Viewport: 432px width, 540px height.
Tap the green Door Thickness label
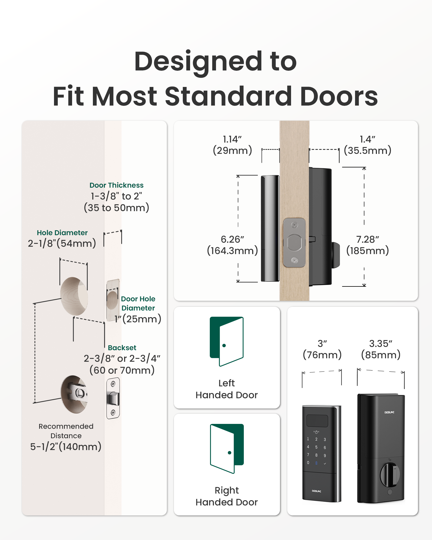tap(116, 185)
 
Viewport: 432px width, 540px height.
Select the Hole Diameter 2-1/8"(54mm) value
tap(62, 243)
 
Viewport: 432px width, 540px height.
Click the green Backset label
tap(122, 348)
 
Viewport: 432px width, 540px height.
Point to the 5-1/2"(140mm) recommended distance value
tap(66, 447)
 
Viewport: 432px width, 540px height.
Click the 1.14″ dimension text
tap(232, 139)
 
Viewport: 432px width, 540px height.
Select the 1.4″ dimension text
tap(367, 139)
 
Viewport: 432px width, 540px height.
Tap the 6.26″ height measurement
tap(232, 239)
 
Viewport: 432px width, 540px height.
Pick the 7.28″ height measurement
tap(367, 239)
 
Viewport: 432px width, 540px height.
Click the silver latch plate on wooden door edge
tap(294, 242)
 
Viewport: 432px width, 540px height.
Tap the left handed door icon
tap(227, 341)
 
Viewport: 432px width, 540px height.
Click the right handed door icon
tap(227, 448)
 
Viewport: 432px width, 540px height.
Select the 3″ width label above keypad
tap(322, 344)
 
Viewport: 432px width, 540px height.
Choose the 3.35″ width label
tap(381, 344)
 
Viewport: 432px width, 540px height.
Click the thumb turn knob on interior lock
tap(390, 474)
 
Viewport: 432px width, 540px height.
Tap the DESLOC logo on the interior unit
tap(389, 412)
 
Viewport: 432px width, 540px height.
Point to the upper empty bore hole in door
tap(74, 296)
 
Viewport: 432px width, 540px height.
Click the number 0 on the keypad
tap(308, 463)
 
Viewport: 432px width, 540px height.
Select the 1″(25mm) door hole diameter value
tap(138, 319)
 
